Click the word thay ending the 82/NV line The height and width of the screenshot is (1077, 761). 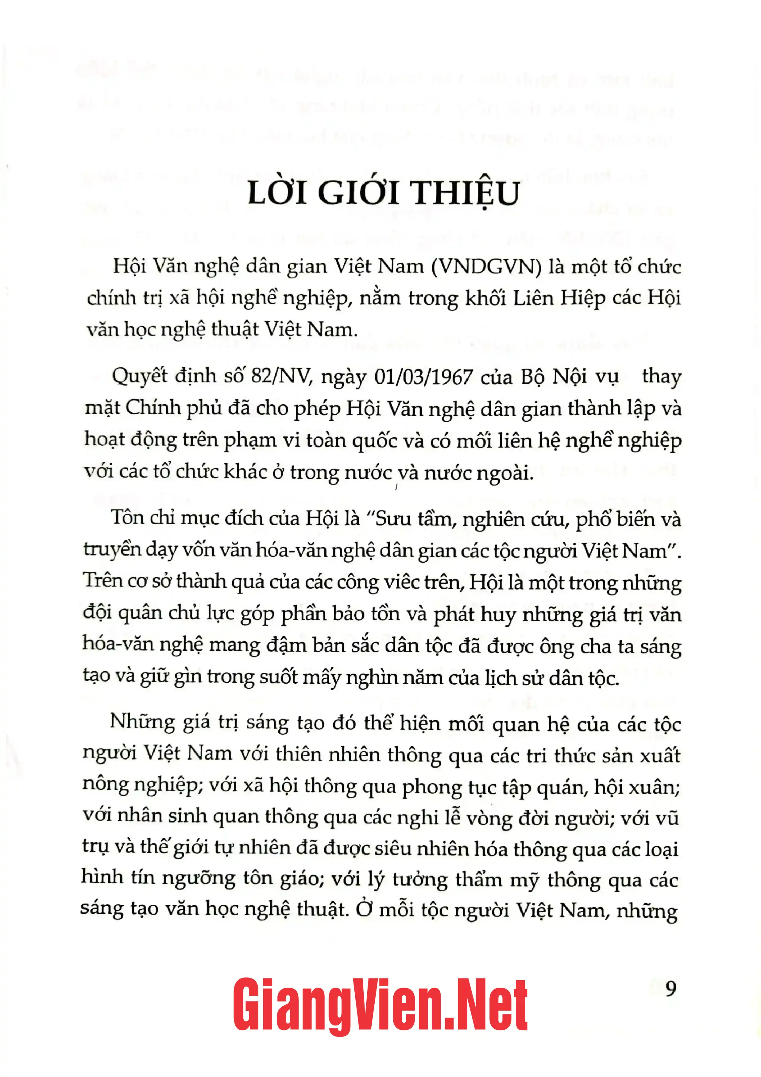click(661, 377)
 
